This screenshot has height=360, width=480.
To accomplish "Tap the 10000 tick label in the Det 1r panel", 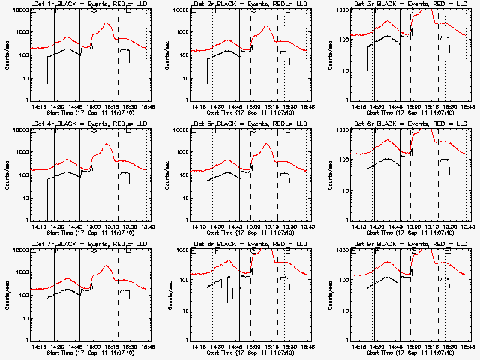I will click(18, 10).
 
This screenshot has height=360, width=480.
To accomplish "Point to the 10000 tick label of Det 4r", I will click(18, 130).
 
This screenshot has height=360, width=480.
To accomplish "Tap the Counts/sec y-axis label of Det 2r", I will click(166, 55).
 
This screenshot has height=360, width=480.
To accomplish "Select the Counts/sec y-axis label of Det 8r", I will click(166, 295).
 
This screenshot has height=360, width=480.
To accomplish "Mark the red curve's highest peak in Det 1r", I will click(106, 23).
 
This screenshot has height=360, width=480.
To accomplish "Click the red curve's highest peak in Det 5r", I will click(266, 143).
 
